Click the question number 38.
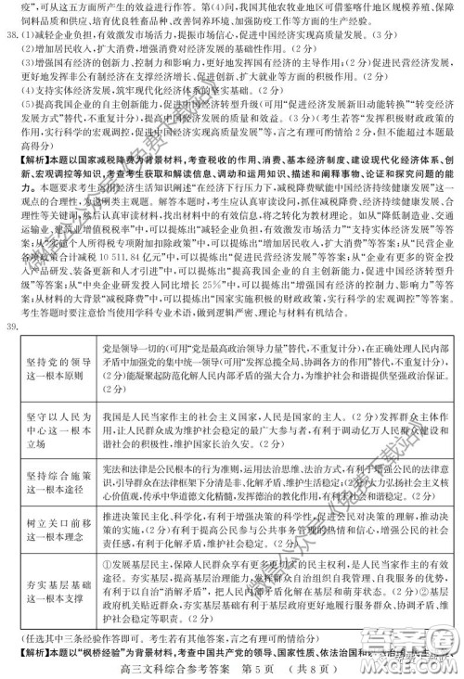(x=11, y=39)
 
